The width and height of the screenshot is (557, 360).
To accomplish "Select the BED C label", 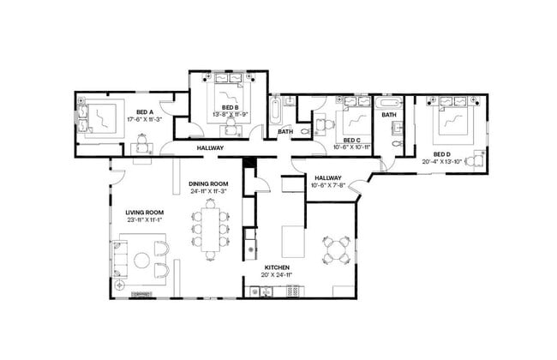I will tap(352, 140).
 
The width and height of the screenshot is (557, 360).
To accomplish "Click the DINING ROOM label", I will tap(208, 183).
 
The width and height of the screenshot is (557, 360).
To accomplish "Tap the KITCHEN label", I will tap(277, 268).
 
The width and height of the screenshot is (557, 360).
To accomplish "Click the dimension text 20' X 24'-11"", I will tap(277, 276).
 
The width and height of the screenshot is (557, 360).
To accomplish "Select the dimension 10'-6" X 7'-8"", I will tap(326, 184).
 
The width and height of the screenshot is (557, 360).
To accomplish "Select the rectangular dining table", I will tap(208, 223).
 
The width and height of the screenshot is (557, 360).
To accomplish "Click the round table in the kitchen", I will tap(336, 249).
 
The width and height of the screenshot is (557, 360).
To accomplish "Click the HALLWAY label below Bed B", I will tap(210, 148).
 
